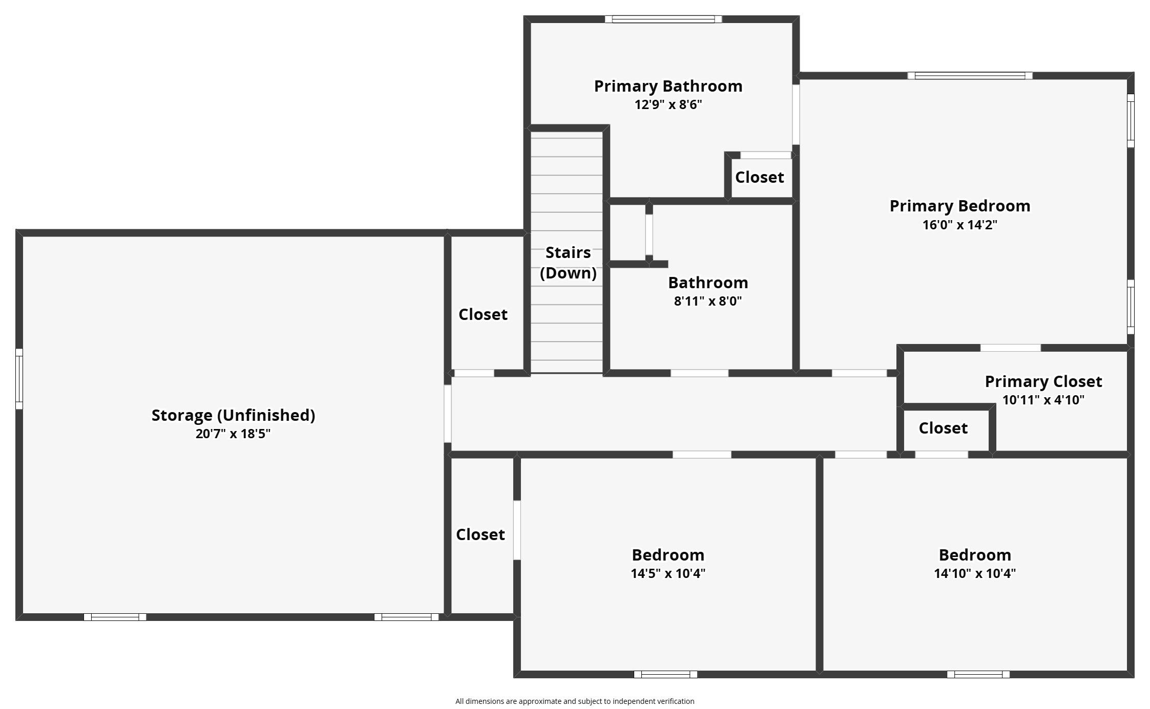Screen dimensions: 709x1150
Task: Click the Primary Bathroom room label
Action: coord(668,86)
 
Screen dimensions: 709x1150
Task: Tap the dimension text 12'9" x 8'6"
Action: coord(668,105)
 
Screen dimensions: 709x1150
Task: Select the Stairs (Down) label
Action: coord(568,263)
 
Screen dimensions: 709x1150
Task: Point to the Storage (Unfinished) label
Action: coord(233,415)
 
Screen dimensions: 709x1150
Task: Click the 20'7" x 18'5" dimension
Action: coord(233,434)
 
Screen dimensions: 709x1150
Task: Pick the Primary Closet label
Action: coord(1043,381)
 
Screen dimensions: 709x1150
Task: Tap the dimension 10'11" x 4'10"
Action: coord(1043,400)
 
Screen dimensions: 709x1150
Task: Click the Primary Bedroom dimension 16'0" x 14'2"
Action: coord(959,225)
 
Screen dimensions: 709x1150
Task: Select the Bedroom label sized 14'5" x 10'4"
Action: coord(667,555)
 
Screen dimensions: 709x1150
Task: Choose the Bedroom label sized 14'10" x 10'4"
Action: coord(974,555)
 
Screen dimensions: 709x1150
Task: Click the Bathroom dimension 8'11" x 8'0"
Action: coord(707,301)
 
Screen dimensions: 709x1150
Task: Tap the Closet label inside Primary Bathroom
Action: coord(759,178)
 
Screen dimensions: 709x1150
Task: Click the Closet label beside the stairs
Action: coord(483,314)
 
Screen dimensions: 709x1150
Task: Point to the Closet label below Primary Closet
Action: coord(943,428)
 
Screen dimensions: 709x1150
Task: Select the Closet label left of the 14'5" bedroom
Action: coord(480,534)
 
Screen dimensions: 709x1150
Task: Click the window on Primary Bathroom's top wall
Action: coord(663,19)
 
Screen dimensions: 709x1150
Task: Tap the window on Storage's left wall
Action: coord(19,379)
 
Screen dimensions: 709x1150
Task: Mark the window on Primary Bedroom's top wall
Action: coord(970,76)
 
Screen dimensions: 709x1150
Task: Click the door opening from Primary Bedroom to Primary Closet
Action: coord(1010,348)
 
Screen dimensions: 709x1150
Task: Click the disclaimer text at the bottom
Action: coord(575,701)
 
